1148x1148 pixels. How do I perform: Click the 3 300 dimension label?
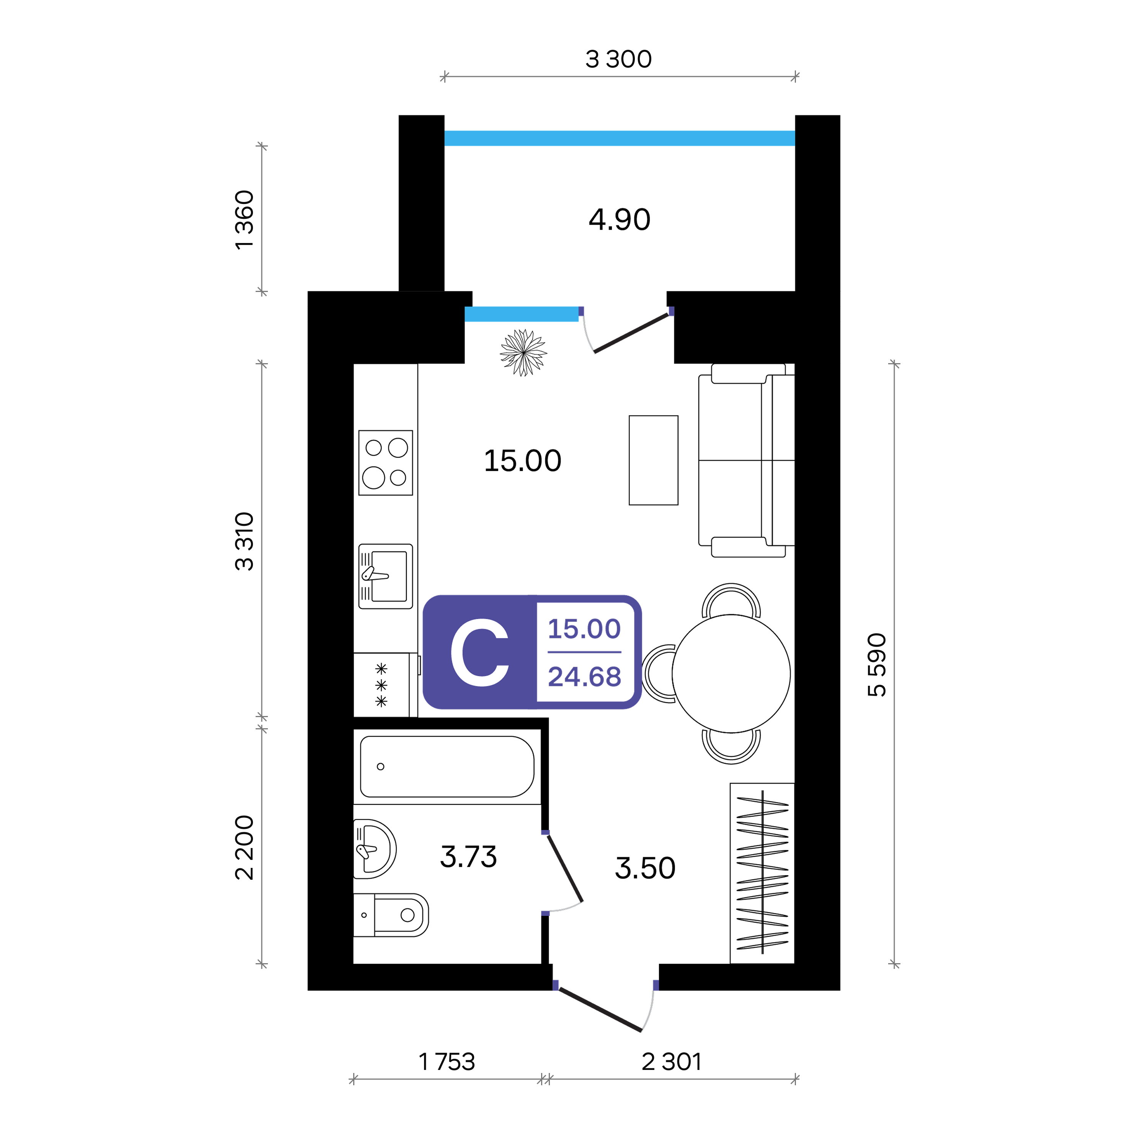(618, 59)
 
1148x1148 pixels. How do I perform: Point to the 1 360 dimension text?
(244, 220)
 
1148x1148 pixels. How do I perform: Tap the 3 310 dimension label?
(244, 541)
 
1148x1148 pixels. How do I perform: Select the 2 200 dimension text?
(244, 847)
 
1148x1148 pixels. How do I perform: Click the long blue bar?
(619, 138)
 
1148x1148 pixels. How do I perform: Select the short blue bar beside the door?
(521, 314)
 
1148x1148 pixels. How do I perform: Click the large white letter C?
(479, 652)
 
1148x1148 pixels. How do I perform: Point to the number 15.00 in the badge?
(584, 629)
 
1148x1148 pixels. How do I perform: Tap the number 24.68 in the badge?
(584, 676)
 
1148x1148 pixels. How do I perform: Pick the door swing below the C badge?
(564, 868)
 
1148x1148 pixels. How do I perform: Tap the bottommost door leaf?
(599, 1009)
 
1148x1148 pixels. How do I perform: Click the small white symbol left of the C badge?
(374, 574)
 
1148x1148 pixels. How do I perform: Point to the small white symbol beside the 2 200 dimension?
(365, 851)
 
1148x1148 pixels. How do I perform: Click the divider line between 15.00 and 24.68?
(584, 652)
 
